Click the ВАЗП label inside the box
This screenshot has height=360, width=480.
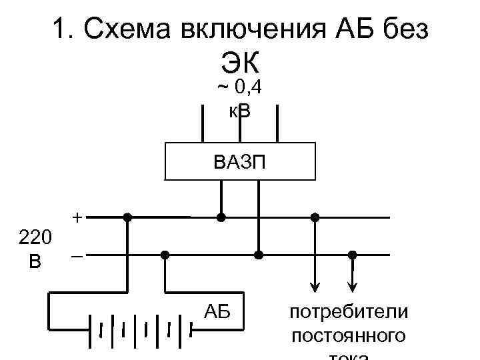239,162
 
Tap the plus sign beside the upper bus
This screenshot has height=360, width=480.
78,217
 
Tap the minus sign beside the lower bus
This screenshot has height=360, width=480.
78,256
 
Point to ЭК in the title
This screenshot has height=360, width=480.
239,64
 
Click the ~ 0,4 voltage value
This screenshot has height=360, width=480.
239,87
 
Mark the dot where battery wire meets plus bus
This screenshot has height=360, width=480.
127,217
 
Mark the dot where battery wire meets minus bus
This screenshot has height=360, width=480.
165,255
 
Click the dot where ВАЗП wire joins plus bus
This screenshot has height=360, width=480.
221,217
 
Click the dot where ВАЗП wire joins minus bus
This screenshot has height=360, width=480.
259,255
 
